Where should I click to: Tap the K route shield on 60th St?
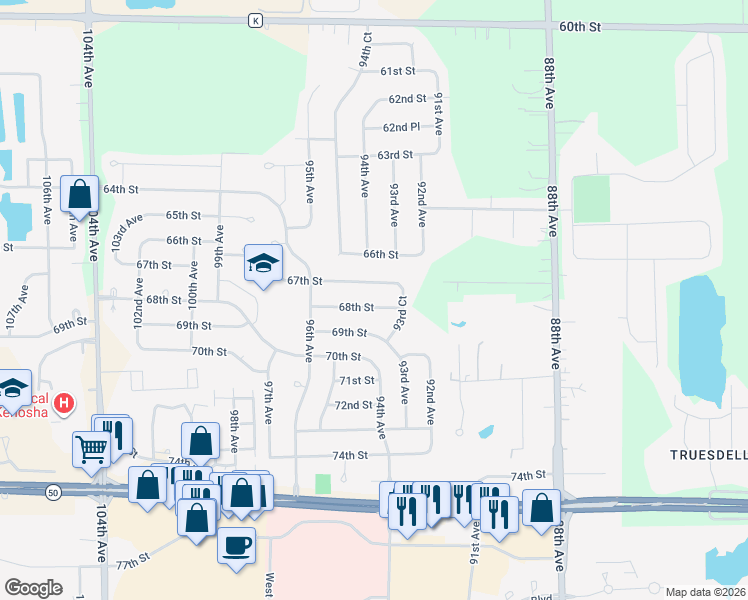[x=256, y=20]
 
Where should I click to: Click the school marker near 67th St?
[x=264, y=264]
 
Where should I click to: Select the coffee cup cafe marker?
[x=236, y=547]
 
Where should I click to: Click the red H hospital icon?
[x=64, y=404]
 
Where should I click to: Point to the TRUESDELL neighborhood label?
[x=708, y=454]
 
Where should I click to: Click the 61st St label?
[x=397, y=71]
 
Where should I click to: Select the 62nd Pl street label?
[x=400, y=127]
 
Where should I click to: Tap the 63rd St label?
[x=395, y=155]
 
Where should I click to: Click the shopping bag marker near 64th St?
[x=79, y=194]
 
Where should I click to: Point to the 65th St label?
[x=183, y=215]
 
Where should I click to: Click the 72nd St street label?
[x=353, y=405]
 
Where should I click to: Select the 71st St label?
[x=356, y=380]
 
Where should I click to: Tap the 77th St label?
[x=132, y=565]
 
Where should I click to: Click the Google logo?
[x=33, y=588]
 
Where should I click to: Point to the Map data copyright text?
[x=704, y=592]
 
